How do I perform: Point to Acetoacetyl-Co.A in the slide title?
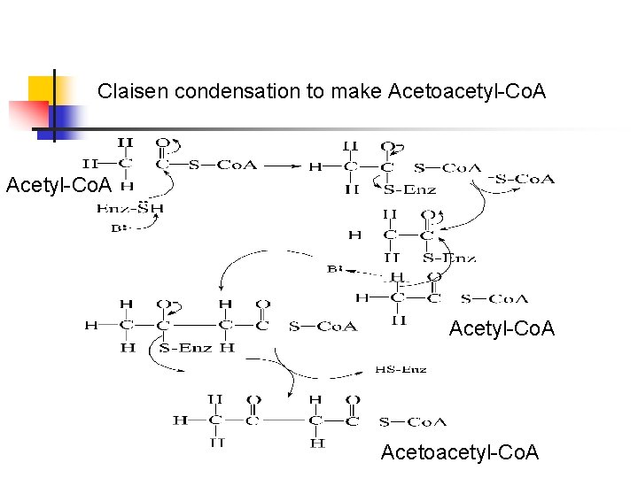point(466,91)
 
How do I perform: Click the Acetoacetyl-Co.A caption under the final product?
point(459,452)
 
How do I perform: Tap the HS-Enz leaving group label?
point(401,369)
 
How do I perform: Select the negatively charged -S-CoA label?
point(522,180)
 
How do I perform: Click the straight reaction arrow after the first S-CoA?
point(284,165)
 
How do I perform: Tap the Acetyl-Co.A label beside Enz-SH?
point(58,185)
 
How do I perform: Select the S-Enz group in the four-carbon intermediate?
point(186,348)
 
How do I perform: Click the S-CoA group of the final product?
point(412,421)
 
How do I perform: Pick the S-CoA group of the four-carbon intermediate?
point(323,327)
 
